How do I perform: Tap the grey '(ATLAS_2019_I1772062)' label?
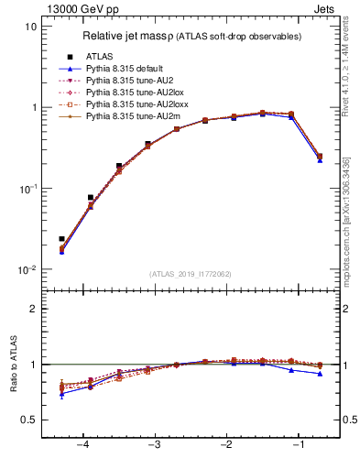click(x=191, y=274)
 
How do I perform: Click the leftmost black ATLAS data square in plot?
click(x=61, y=239)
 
